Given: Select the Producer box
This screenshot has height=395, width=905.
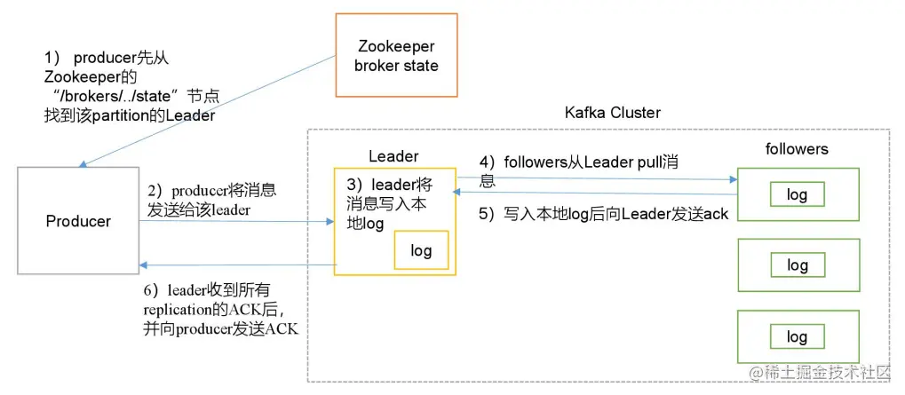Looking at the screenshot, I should pyautogui.click(x=78, y=221).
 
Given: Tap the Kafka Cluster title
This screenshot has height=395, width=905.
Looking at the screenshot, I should pyautogui.click(x=612, y=114).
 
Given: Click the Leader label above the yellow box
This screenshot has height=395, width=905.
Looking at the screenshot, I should pyautogui.click(x=393, y=156).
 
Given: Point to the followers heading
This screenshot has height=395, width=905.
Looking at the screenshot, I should pyautogui.click(x=796, y=149).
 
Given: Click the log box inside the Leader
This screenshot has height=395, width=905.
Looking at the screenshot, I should pyautogui.click(x=421, y=250).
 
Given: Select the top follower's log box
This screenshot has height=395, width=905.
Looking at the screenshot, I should pyautogui.click(x=797, y=194).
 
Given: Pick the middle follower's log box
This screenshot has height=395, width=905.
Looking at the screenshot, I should pyautogui.click(x=797, y=265).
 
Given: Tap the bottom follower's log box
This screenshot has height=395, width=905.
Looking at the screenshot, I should pyautogui.click(x=797, y=336).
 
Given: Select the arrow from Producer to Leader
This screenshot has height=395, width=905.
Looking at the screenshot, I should pyautogui.click(x=236, y=222).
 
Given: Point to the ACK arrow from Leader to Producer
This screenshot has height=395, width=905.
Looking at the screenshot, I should pyautogui.click(x=236, y=265).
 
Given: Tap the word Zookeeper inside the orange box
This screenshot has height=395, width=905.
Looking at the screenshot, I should pyautogui.click(x=395, y=46).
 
